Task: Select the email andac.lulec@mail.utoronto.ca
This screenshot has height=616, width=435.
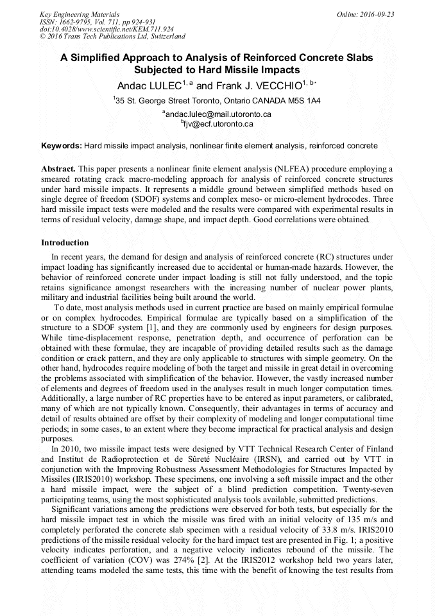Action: click(x=219, y=114)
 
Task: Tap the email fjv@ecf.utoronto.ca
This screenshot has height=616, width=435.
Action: click(x=219, y=123)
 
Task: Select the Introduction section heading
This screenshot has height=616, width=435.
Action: click(x=65, y=243)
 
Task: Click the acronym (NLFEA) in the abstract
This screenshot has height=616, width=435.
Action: click(x=294, y=169)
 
